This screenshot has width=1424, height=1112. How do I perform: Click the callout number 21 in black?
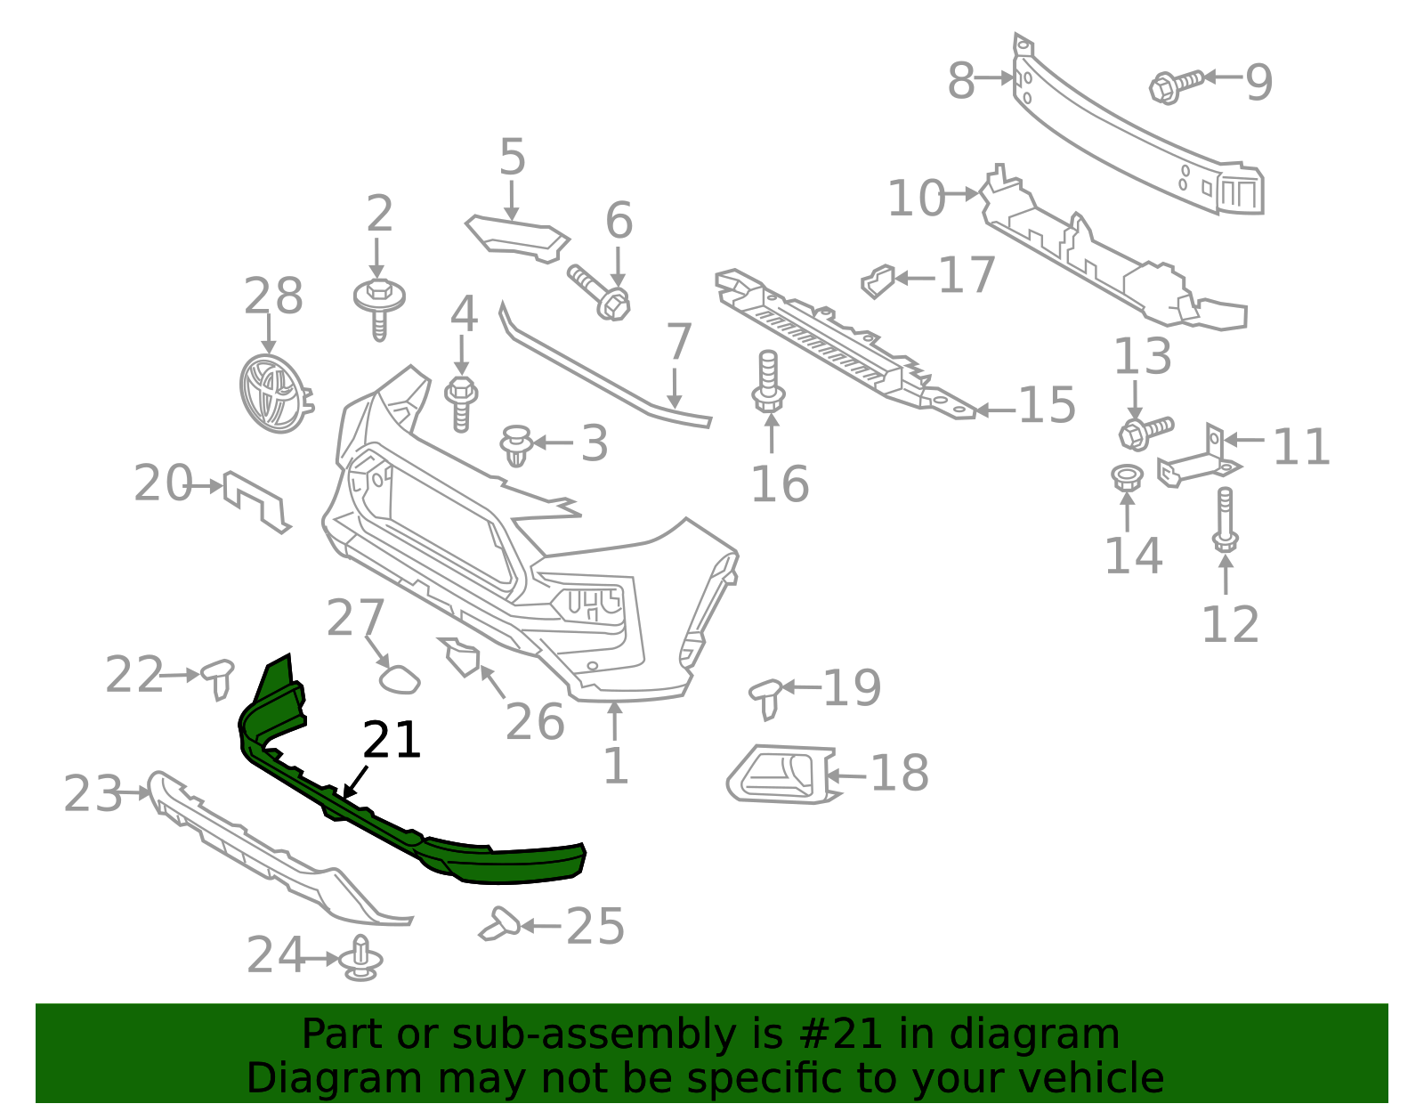[x=392, y=740]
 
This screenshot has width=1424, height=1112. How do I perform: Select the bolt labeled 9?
[x=1176, y=85]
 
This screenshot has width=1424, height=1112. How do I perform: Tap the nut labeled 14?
[x=1128, y=476]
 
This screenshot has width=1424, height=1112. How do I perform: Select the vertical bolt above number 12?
[x=1226, y=520]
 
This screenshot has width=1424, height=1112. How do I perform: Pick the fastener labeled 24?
[x=360, y=959]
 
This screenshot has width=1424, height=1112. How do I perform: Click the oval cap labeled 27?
[x=399, y=679]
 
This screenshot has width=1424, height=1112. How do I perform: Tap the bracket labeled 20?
[x=257, y=500]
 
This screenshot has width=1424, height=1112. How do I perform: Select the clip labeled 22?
[x=218, y=678]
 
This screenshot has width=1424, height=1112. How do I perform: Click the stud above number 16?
[x=768, y=382]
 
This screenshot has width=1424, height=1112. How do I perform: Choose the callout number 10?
[x=917, y=198]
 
